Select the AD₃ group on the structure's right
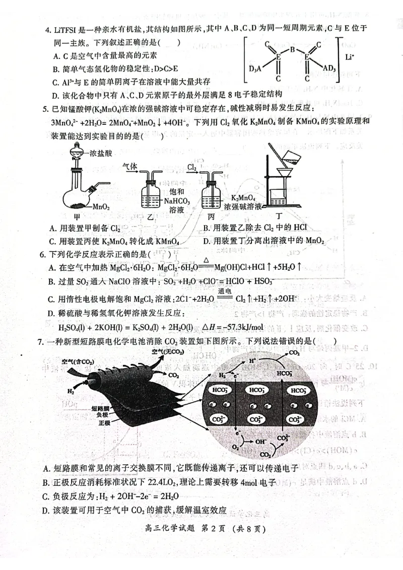(x=329, y=68)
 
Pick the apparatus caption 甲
(x=77, y=217)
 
